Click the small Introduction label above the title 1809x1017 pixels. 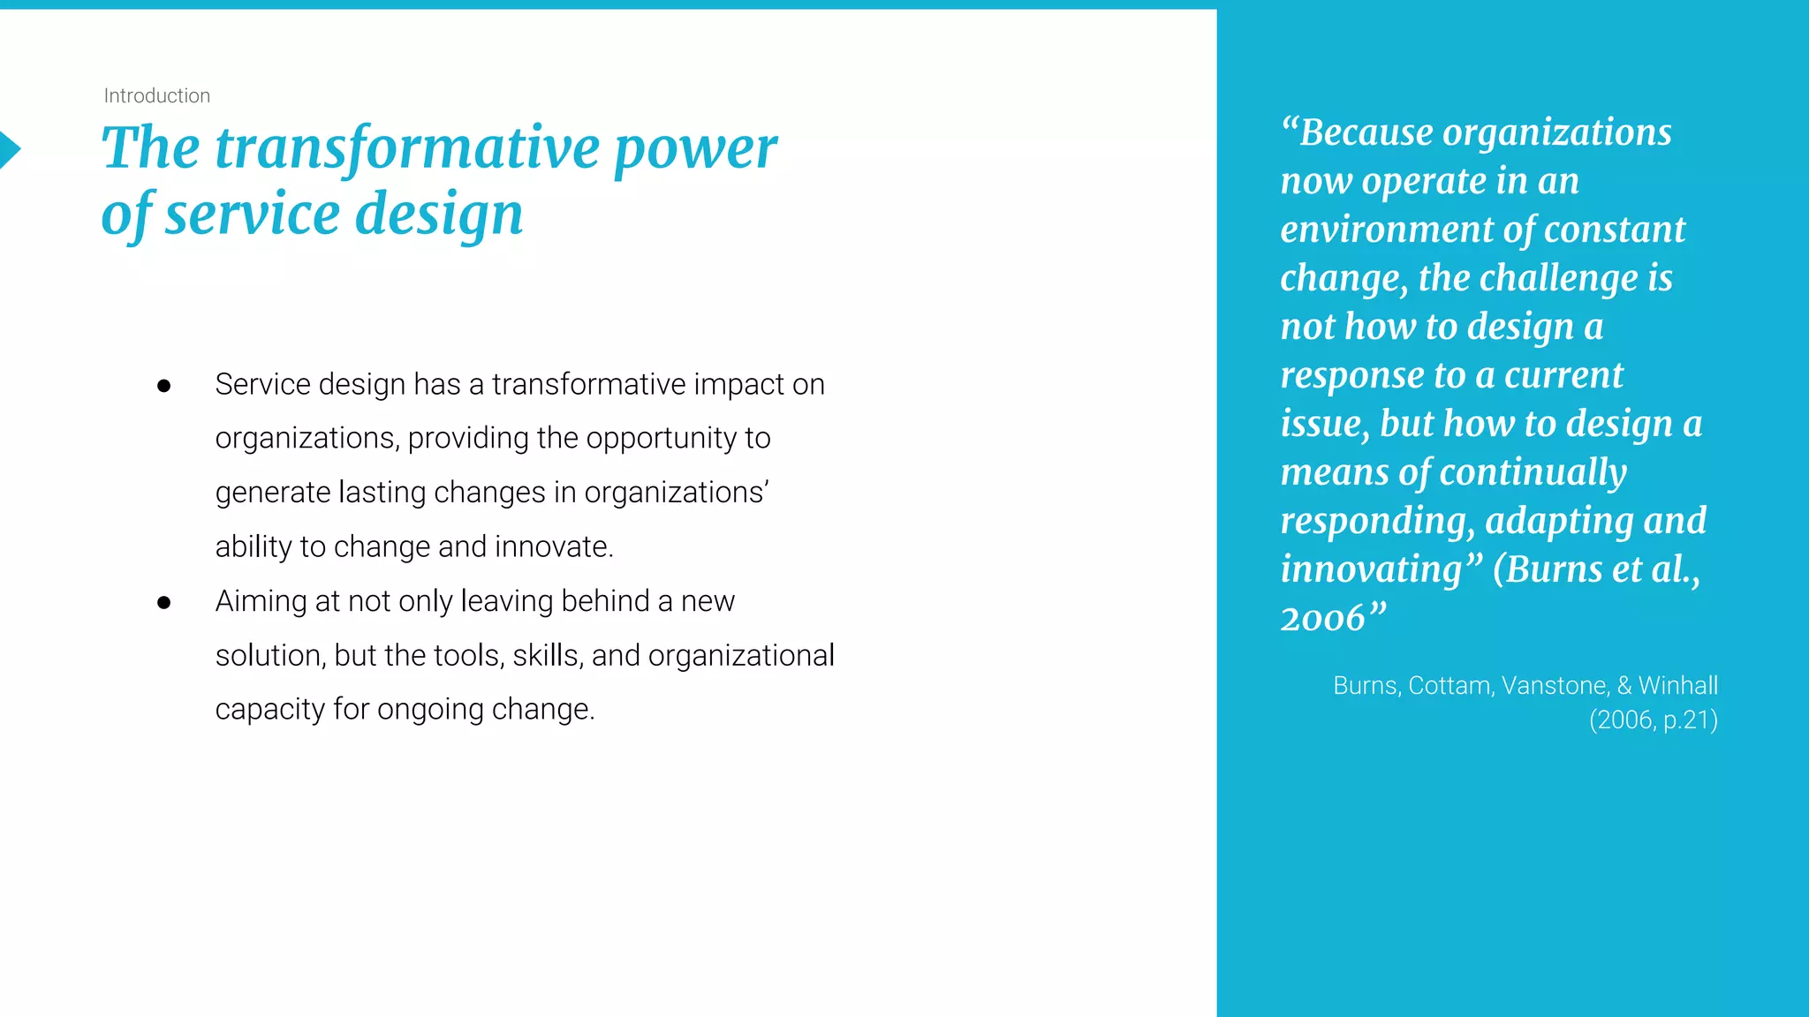point(156,95)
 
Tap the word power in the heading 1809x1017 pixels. point(695,147)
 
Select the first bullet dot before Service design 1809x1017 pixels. point(163,386)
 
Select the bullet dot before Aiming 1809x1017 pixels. point(163,603)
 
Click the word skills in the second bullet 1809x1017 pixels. point(546,655)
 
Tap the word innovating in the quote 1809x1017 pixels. point(1372,569)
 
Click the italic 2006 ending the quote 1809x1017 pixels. point(1322,618)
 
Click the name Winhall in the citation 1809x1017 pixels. point(1677,685)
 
